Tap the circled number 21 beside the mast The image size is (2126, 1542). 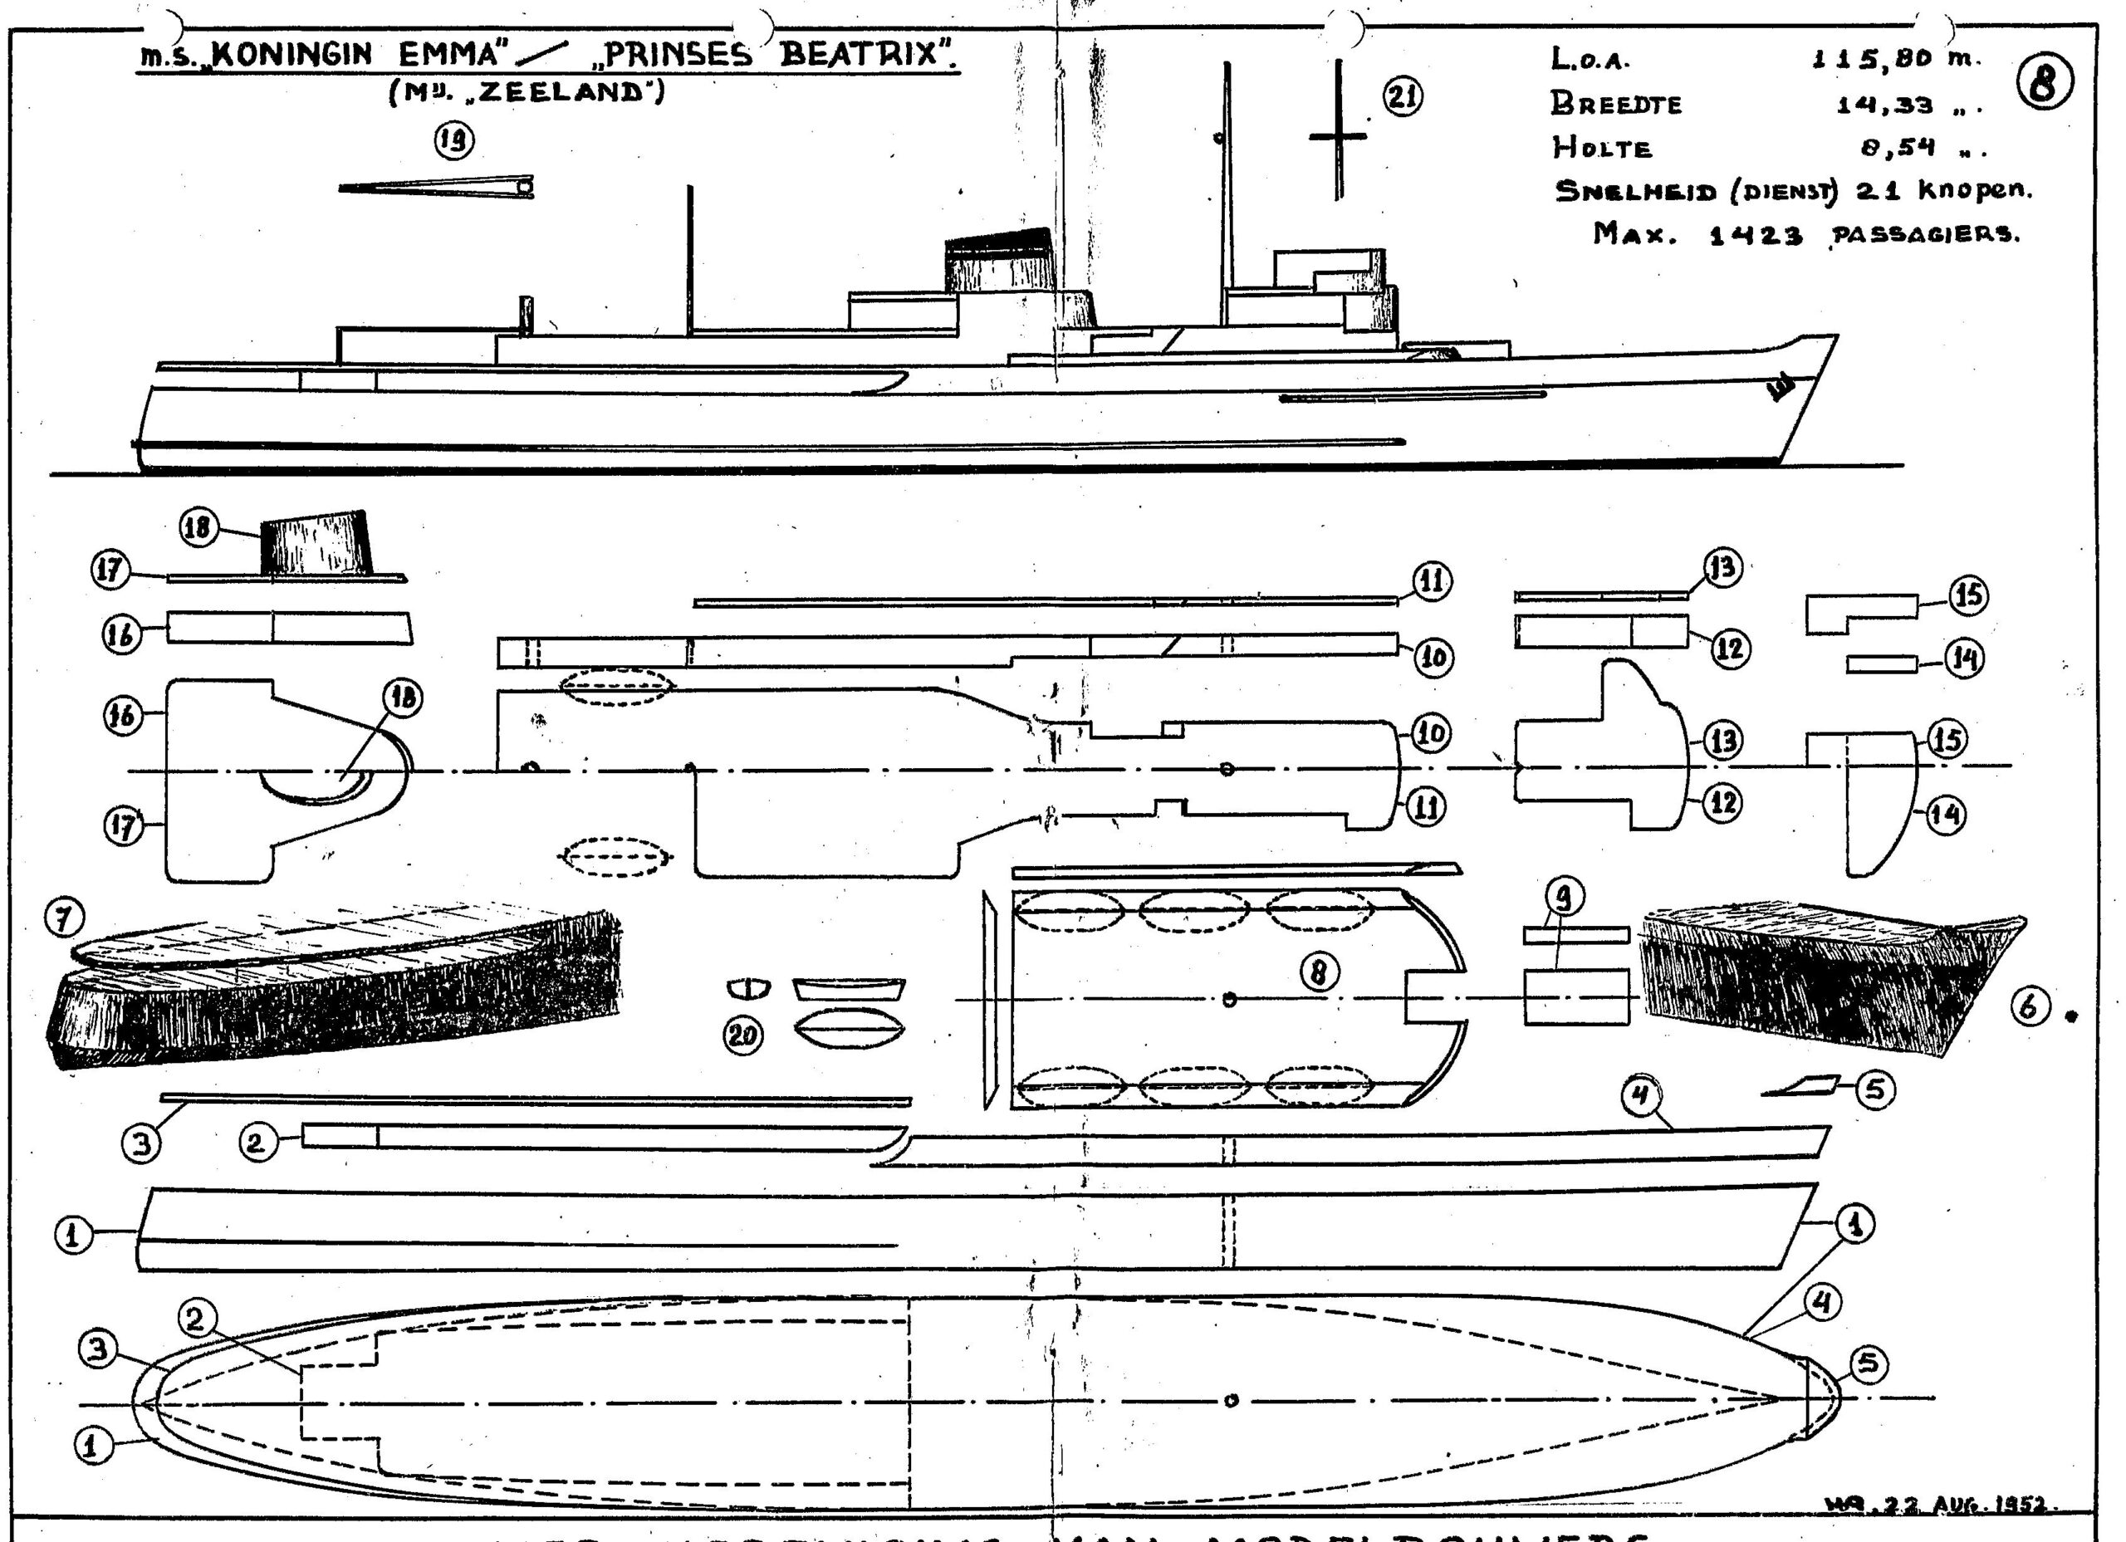[1403, 96]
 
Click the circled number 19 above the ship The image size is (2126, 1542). [453, 141]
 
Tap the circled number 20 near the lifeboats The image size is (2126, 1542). [742, 1035]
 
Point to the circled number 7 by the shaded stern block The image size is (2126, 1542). [64, 918]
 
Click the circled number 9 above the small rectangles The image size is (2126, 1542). [1563, 897]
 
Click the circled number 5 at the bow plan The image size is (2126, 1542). [1867, 1364]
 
